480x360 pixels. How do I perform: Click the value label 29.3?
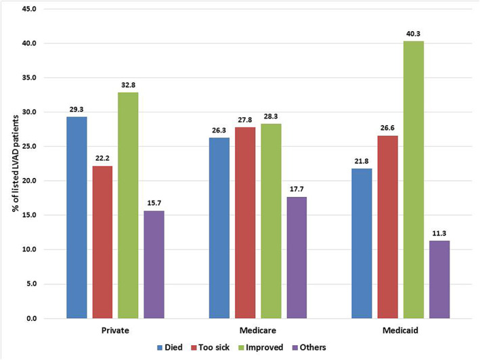77,108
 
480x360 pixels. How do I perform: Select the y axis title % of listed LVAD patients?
14,162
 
